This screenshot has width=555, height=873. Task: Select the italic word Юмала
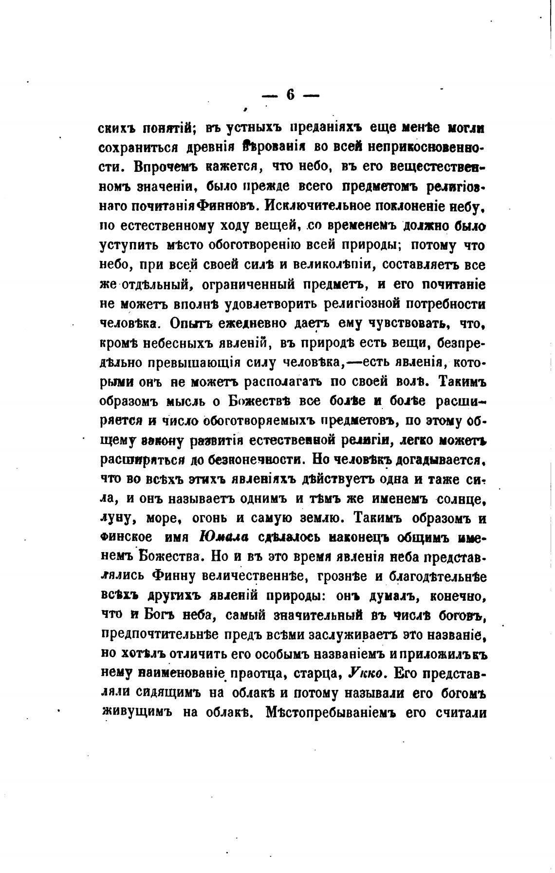tap(224, 537)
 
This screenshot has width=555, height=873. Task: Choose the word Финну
tap(173, 576)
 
